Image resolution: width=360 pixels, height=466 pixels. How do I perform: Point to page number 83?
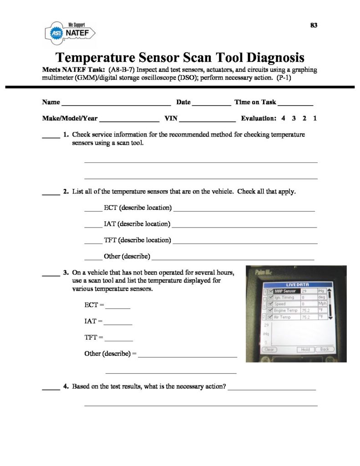(x=314, y=25)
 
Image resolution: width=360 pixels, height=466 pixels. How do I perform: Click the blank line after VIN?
(x=208, y=120)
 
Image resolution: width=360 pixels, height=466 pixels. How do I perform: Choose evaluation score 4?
(x=283, y=118)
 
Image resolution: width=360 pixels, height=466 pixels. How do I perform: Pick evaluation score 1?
(x=315, y=118)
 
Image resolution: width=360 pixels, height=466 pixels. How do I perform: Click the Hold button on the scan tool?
(x=304, y=349)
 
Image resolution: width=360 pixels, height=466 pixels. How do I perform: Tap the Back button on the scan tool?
(x=324, y=349)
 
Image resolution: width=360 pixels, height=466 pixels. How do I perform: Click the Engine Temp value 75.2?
(x=305, y=310)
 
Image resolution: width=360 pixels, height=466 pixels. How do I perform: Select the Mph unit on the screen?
(x=323, y=304)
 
